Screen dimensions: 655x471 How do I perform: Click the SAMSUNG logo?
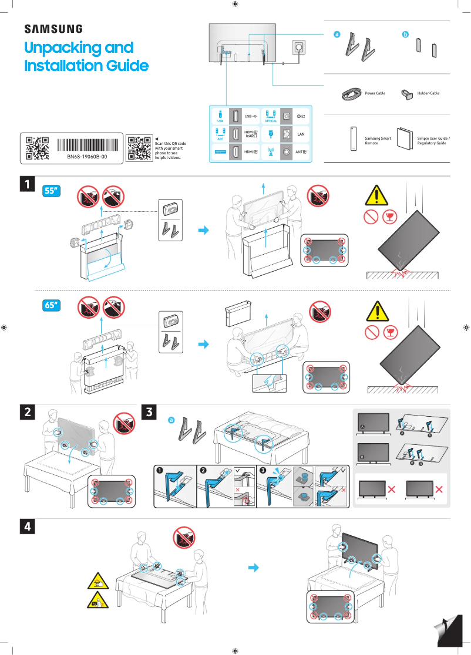[x=53, y=29]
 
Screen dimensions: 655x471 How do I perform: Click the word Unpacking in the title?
[x=79, y=48]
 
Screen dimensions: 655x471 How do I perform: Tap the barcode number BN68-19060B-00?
[x=87, y=157]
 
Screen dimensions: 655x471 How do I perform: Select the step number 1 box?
[x=26, y=184]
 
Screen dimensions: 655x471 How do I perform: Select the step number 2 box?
[x=26, y=413]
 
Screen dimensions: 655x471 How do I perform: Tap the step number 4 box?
[x=26, y=526]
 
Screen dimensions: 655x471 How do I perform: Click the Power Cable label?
[x=375, y=93]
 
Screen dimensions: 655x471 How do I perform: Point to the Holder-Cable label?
[x=428, y=93]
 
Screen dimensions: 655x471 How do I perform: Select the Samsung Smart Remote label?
[x=378, y=141]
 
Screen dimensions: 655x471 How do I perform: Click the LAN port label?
[x=301, y=134]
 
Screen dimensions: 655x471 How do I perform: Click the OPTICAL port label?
[x=271, y=121]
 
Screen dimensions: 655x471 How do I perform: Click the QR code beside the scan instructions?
[x=139, y=148]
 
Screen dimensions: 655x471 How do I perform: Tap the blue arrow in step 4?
[x=253, y=568]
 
